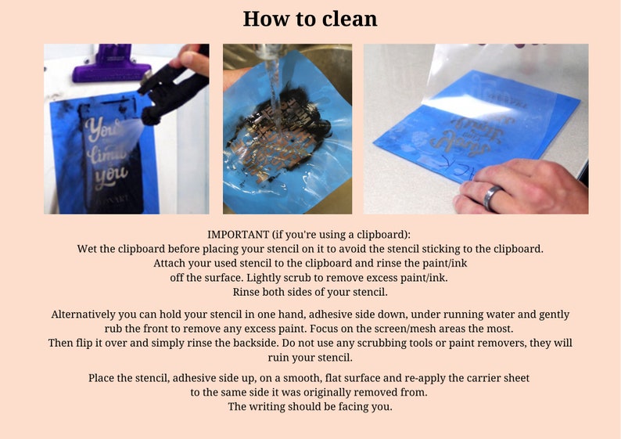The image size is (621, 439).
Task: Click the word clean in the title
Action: (x=350, y=19)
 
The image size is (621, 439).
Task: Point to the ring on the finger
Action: (x=493, y=198)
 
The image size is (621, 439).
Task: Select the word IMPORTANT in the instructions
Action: (x=239, y=235)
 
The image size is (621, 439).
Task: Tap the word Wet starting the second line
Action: (x=86, y=249)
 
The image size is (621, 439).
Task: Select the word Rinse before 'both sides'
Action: (x=246, y=293)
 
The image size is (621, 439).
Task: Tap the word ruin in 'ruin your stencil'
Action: (x=278, y=358)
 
